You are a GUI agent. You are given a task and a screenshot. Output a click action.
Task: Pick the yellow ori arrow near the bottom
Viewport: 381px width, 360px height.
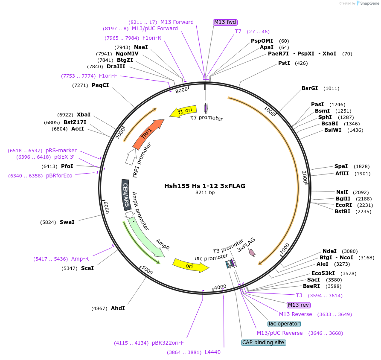190,265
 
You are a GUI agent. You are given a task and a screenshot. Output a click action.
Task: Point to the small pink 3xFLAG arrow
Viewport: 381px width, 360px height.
252,253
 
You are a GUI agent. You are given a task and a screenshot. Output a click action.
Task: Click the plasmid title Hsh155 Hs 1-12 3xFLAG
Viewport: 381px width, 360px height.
205,186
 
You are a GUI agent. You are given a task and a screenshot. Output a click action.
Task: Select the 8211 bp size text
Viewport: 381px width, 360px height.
205,193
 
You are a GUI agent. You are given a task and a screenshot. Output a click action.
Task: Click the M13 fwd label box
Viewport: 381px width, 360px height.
225,22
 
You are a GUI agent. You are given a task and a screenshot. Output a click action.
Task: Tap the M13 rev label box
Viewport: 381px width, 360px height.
299,305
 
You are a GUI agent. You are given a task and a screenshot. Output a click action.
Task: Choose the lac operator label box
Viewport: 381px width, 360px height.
284,324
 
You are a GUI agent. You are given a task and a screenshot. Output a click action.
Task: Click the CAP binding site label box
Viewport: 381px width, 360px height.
263,343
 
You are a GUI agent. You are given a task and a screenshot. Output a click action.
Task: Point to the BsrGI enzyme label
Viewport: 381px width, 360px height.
310,88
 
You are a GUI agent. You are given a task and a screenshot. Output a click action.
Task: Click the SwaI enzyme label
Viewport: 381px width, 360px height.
67,222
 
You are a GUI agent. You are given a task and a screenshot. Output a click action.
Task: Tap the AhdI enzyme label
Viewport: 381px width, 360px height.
118,308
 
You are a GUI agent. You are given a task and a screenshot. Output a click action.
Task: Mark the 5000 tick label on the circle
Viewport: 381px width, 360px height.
147,271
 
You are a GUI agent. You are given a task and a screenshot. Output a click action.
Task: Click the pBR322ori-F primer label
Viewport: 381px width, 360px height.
168,343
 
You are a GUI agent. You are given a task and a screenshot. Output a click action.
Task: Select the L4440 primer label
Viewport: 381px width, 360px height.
212,352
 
